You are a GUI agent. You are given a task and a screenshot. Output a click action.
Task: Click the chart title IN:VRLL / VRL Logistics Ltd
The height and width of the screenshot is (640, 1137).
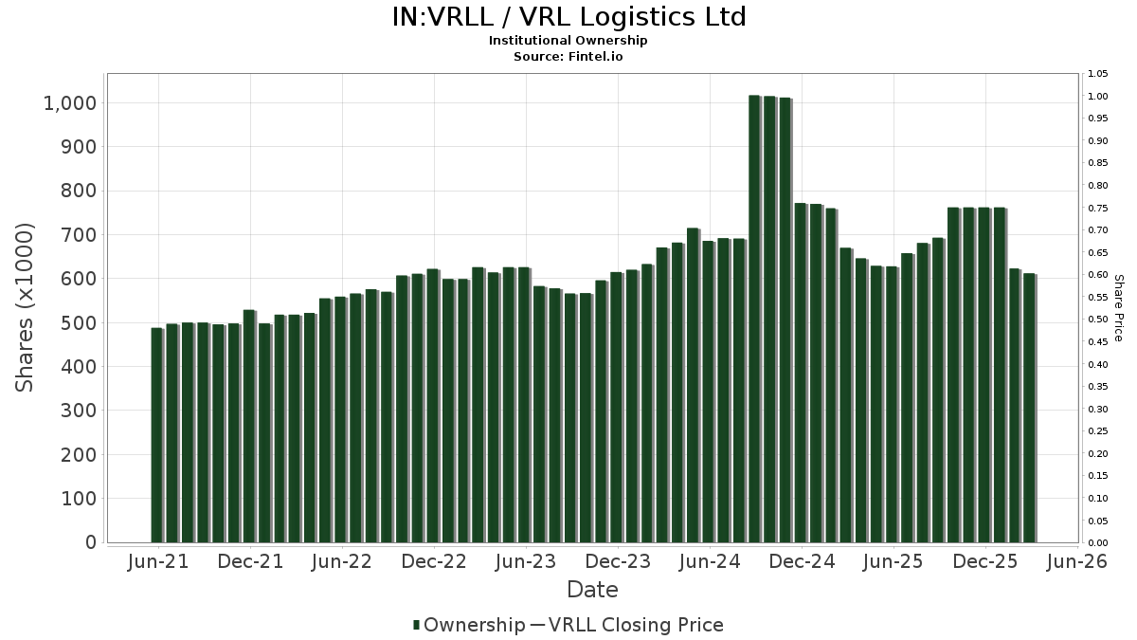pyautogui.click(x=568, y=17)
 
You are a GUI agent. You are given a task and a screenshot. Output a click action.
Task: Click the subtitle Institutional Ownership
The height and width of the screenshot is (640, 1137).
pyautogui.click(x=568, y=41)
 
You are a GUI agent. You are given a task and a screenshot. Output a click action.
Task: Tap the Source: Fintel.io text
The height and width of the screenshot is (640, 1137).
pyautogui.click(x=568, y=56)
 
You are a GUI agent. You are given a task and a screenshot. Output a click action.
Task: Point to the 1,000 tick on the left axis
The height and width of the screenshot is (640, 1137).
pyautogui.click(x=69, y=103)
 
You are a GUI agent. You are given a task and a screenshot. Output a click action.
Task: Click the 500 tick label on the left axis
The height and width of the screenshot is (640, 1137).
pyautogui.click(x=78, y=323)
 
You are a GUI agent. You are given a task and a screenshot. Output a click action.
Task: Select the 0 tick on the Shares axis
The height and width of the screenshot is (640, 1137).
pyautogui.click(x=91, y=542)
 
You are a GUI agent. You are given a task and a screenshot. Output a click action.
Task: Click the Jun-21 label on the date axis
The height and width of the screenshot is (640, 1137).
pyautogui.click(x=158, y=561)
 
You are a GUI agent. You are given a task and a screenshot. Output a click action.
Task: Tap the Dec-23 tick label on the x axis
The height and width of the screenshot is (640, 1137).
pyautogui.click(x=618, y=561)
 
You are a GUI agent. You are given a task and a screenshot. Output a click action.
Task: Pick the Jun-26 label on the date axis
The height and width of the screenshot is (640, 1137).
pyautogui.click(x=1077, y=561)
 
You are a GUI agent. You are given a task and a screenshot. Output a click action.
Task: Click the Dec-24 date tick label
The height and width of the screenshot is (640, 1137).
pyautogui.click(x=802, y=561)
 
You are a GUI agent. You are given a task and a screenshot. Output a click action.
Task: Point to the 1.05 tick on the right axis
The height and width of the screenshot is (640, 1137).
pyautogui.click(x=1097, y=74)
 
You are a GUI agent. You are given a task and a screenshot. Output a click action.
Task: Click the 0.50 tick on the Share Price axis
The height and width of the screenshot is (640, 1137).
pyautogui.click(x=1097, y=320)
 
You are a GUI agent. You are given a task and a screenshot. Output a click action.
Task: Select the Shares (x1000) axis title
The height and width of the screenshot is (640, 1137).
pyautogui.click(x=24, y=308)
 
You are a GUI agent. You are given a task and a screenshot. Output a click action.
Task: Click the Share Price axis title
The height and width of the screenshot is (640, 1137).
pyautogui.click(x=1118, y=308)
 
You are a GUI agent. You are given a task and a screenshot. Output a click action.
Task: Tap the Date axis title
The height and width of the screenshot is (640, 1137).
pyautogui.click(x=592, y=590)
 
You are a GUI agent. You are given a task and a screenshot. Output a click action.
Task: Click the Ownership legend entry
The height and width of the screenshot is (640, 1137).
pyautogui.click(x=469, y=625)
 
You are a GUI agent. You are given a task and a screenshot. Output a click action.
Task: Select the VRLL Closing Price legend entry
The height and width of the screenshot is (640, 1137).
pyautogui.click(x=627, y=625)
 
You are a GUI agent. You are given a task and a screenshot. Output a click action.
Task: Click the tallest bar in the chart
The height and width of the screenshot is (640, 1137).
pyautogui.click(x=755, y=319)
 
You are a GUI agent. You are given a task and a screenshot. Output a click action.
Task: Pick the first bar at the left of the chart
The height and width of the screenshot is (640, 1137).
pyautogui.click(x=157, y=435)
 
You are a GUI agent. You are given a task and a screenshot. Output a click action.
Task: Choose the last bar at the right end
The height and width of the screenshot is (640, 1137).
pyautogui.click(x=1029, y=409)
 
